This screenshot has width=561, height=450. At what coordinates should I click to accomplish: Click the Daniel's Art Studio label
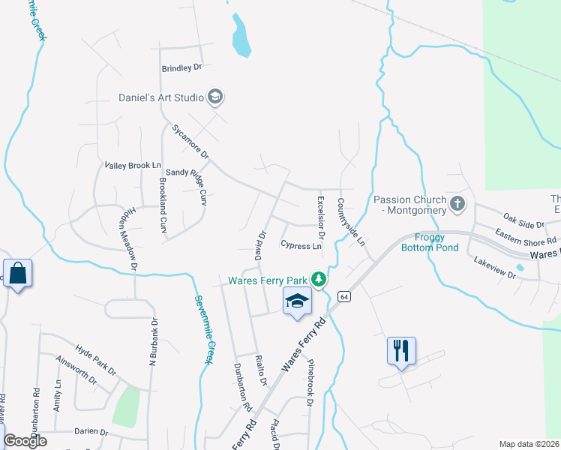(161, 97)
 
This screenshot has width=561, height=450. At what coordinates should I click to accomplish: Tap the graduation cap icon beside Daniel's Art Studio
(216, 97)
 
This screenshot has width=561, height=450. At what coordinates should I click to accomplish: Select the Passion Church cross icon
(457, 203)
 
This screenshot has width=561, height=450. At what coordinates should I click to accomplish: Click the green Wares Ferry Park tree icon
(319, 280)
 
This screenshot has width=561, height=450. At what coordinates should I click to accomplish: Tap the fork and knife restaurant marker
(402, 350)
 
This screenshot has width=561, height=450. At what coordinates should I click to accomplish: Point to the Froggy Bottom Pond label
(430, 242)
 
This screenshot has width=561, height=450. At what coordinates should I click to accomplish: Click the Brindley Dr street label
(182, 67)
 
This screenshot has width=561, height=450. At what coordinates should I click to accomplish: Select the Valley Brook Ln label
(133, 165)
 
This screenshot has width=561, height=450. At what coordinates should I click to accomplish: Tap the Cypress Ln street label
(301, 245)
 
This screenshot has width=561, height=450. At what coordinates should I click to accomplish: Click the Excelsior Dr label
(320, 214)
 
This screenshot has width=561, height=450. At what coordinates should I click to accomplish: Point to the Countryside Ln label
(350, 223)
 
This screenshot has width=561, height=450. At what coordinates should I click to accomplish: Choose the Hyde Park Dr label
(96, 360)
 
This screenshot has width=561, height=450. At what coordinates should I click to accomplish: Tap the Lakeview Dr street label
(495, 269)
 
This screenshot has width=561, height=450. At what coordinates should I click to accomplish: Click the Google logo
(25, 440)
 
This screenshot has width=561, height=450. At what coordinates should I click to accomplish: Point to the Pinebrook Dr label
(309, 383)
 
